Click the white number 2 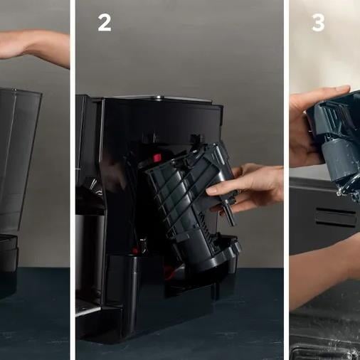tap(105, 23)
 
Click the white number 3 tap(318, 23)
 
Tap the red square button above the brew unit tap(157, 158)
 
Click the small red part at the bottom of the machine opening tap(134, 250)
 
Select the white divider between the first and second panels tap(73, 180)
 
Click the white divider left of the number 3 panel tap(287, 180)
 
